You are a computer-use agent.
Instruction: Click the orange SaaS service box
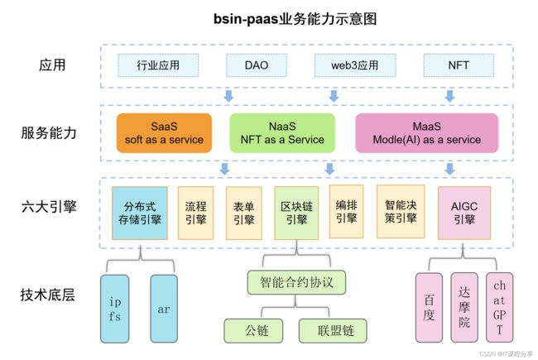pyautogui.click(x=164, y=132)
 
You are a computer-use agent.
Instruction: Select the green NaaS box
pyautogui.click(x=282, y=132)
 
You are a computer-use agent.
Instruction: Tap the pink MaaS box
pyautogui.click(x=427, y=132)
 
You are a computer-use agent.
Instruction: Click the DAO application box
pyautogui.click(x=257, y=65)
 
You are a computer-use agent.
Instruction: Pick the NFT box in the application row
pyautogui.click(x=459, y=65)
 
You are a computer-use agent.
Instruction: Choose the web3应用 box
pyautogui.click(x=355, y=65)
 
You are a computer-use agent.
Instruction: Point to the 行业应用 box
pyautogui.click(x=158, y=65)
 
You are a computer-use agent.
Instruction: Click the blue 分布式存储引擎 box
pyautogui.click(x=140, y=214)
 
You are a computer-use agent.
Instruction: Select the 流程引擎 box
pyautogui.click(x=195, y=213)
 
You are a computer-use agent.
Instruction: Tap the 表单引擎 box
pyautogui.click(x=244, y=214)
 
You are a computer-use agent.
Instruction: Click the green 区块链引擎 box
pyautogui.click(x=296, y=214)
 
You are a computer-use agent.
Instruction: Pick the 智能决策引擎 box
pyautogui.click(x=401, y=211)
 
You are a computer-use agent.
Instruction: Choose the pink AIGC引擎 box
pyautogui.click(x=464, y=214)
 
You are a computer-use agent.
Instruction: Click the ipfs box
pyautogui.click(x=115, y=309)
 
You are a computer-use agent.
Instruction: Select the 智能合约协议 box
pyautogui.click(x=296, y=282)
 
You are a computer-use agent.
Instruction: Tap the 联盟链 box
pyautogui.click(x=333, y=331)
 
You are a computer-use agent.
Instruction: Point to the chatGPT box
pyautogui.click(x=500, y=308)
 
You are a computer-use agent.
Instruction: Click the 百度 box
pyautogui.click(x=429, y=308)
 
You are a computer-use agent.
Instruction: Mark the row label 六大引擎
pyautogui.click(x=49, y=207)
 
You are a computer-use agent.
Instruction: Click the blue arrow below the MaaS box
pyautogui.click(x=449, y=169)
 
